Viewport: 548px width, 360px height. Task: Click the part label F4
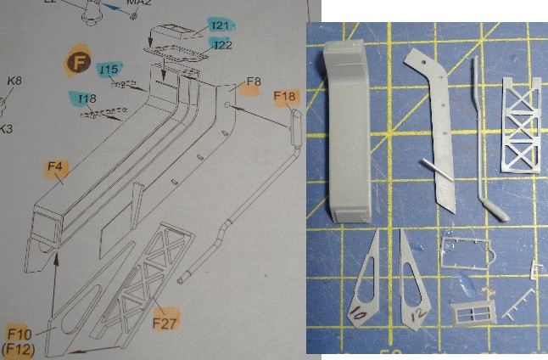point(56,167)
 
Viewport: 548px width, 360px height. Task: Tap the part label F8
point(253,82)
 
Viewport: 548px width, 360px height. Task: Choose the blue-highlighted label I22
point(222,44)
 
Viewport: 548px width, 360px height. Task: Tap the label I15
point(108,68)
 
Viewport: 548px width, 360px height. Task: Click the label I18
point(87,98)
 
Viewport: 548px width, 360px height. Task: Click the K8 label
point(14,82)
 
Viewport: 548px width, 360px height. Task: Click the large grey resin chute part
point(347,136)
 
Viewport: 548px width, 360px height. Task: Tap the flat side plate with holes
point(435,127)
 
